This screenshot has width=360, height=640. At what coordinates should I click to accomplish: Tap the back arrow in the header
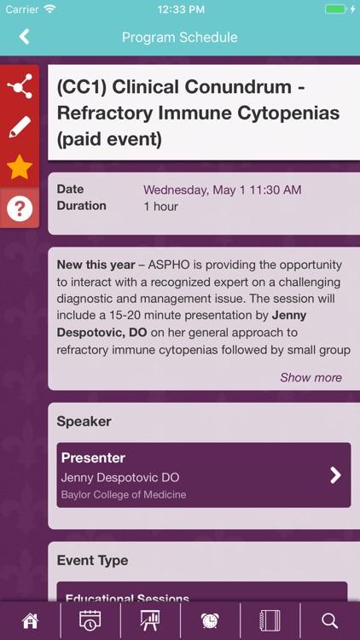pyautogui.click(x=24, y=37)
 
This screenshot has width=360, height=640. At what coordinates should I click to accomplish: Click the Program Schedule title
pyautogui.click(x=179, y=38)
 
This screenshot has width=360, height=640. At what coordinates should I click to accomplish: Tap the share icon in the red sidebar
pyautogui.click(x=19, y=86)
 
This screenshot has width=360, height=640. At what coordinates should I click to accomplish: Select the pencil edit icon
pyautogui.click(x=19, y=127)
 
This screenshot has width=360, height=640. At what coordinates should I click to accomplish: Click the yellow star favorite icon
pyautogui.click(x=19, y=167)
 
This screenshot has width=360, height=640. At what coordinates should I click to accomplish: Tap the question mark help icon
pyautogui.click(x=19, y=208)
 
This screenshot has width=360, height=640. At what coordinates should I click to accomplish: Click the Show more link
pyautogui.click(x=311, y=377)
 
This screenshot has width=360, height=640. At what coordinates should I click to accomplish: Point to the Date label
pyautogui.click(x=70, y=189)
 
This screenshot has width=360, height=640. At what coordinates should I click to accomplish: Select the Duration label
pyautogui.click(x=81, y=206)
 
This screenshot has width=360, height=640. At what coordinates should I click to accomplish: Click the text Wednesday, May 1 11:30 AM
pyautogui.click(x=222, y=189)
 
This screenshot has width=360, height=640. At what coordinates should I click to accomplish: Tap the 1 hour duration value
pyautogui.click(x=160, y=207)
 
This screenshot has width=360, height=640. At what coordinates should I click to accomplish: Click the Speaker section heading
pyautogui.click(x=84, y=422)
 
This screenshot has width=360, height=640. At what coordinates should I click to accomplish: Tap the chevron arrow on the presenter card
pyautogui.click(x=335, y=475)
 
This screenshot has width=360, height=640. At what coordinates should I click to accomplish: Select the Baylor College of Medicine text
pyautogui.click(x=124, y=495)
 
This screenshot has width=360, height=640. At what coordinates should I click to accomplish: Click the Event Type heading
pyautogui.click(x=92, y=561)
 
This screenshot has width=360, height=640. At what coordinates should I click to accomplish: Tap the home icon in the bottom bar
pyautogui.click(x=30, y=620)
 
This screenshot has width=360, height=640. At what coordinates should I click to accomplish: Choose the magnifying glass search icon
pyautogui.click(x=330, y=620)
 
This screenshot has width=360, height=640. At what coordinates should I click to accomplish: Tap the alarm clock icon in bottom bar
pyautogui.click(x=210, y=620)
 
